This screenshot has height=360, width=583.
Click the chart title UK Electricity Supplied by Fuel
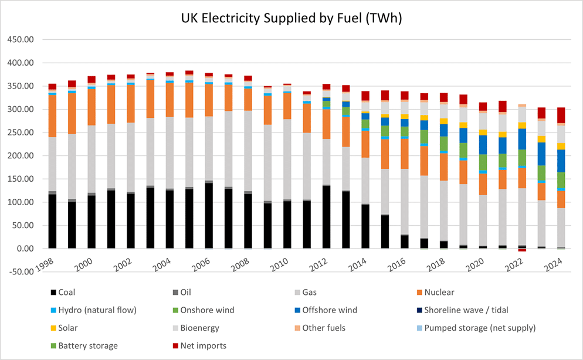pyautogui.click(x=291, y=18)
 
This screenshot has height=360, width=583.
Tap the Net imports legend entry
pyautogui.click(x=204, y=346)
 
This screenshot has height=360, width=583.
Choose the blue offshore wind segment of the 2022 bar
pyautogui.click(x=522, y=139)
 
